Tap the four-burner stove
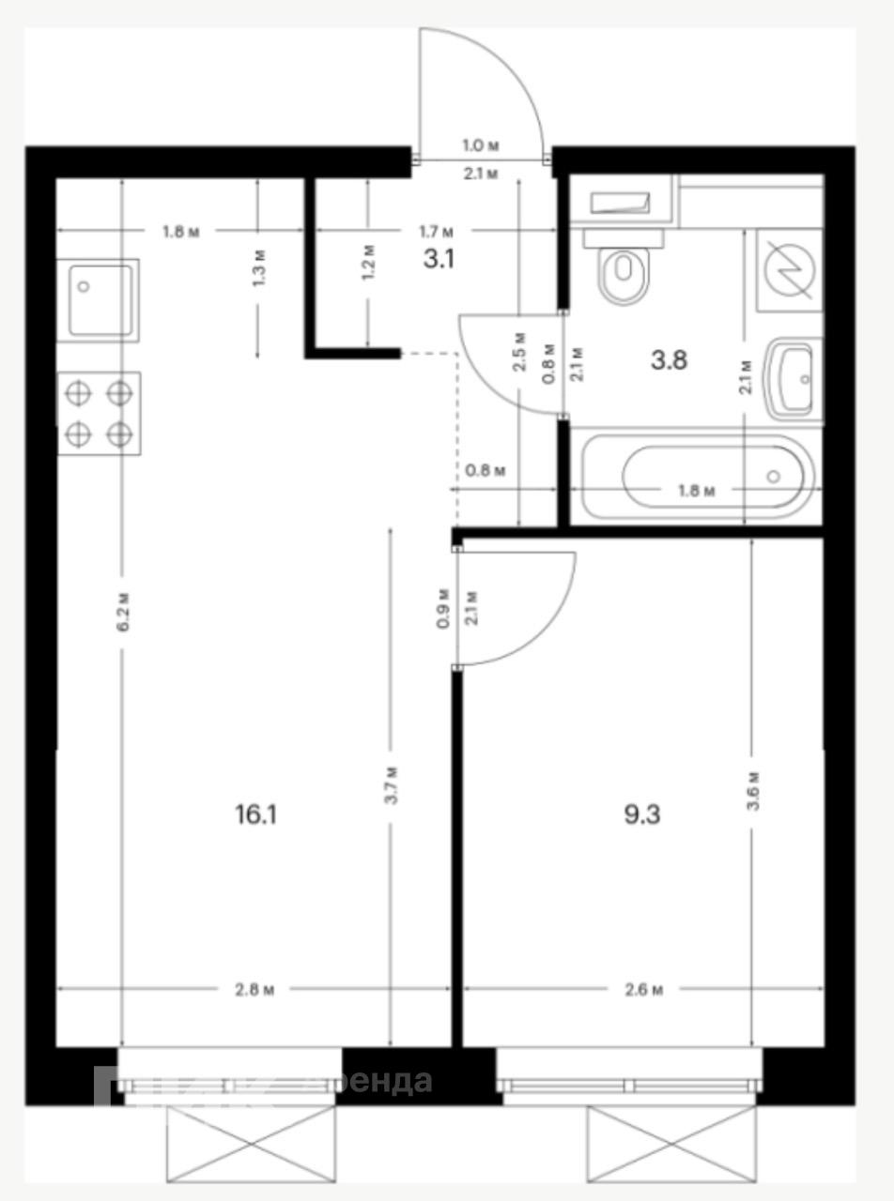coord(99,413)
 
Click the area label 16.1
coord(255,814)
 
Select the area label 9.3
coord(642,814)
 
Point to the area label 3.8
coord(669,359)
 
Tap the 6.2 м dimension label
coord(122,612)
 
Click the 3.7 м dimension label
coord(391,784)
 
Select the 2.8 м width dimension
coord(255,990)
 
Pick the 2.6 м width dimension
coord(644,990)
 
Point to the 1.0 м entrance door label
coord(480,145)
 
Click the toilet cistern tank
coord(622,202)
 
